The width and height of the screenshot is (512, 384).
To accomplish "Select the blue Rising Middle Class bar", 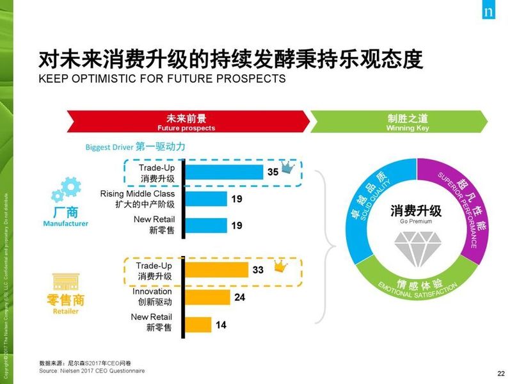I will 205,199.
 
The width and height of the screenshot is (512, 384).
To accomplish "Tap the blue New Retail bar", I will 205,225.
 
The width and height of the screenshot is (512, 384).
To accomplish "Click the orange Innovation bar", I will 207,297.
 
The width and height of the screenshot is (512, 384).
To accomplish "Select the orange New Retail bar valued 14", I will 198,324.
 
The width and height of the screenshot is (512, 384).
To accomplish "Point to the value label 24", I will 239,297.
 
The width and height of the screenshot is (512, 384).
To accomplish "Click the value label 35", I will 273,172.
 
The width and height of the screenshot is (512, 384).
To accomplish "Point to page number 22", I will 500,374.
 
